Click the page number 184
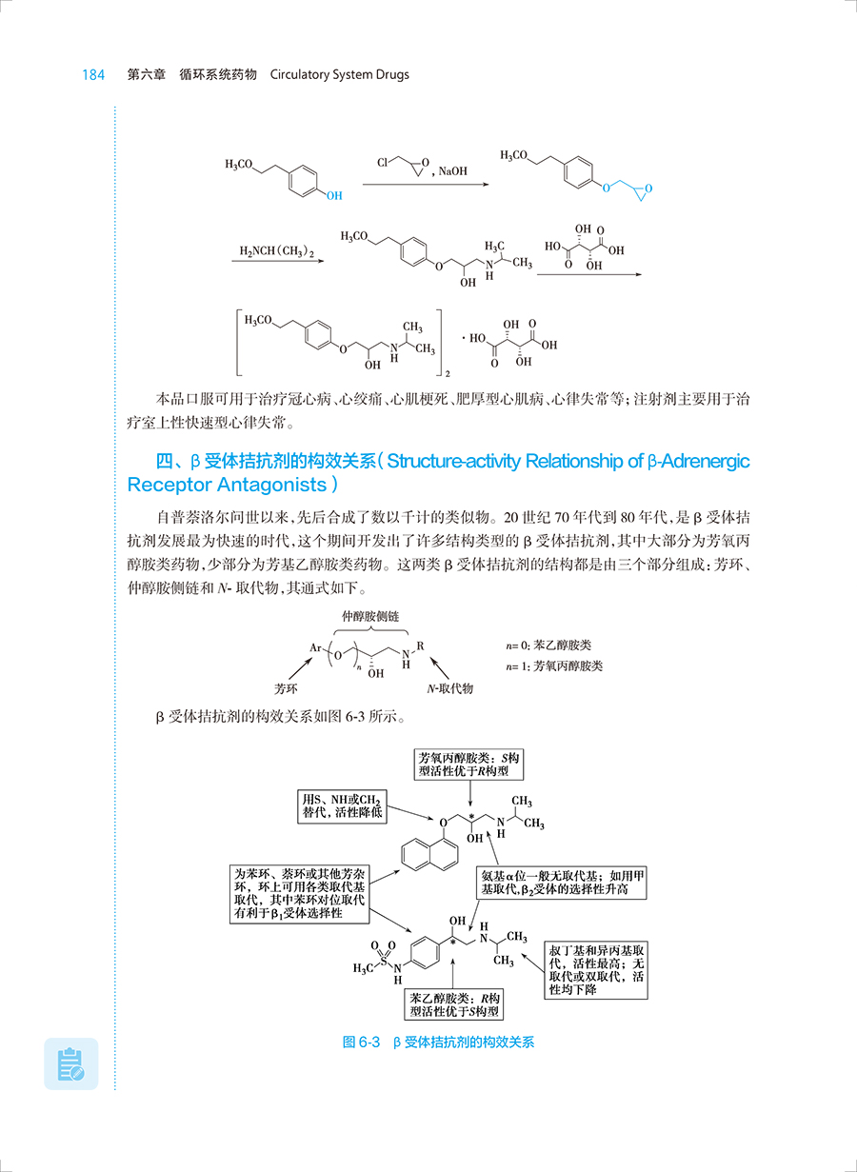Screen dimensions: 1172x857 point(92,74)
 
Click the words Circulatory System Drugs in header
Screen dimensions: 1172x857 point(340,74)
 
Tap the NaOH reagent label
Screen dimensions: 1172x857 point(453,172)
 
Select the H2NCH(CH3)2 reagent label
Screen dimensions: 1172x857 point(275,251)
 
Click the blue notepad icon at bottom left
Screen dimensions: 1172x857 point(71,1063)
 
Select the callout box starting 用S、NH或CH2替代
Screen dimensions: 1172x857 point(341,805)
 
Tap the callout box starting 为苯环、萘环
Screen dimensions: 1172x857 point(301,893)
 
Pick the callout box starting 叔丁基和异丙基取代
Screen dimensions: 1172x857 point(597,970)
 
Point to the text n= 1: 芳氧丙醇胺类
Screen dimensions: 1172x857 point(555,665)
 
